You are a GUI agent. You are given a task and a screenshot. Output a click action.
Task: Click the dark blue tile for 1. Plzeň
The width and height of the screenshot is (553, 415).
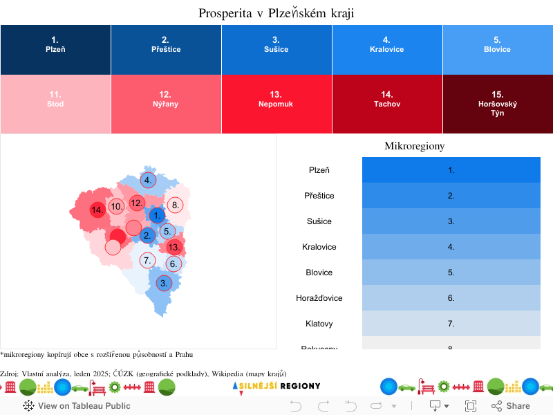point(55,49)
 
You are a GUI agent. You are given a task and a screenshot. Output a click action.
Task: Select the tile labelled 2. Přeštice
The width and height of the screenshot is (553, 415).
point(166,49)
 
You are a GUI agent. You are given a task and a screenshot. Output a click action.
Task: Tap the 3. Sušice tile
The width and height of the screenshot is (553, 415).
point(276,49)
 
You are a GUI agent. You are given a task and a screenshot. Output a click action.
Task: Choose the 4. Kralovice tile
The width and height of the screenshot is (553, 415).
point(387,49)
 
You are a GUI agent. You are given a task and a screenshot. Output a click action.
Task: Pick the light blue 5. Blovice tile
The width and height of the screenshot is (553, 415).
point(498,49)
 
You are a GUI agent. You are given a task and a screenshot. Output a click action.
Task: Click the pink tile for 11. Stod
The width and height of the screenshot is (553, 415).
point(55,104)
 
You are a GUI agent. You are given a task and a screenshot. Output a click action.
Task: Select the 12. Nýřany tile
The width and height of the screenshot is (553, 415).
point(166,104)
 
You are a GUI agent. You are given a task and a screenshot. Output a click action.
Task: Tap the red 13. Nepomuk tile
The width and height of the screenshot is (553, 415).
point(276,104)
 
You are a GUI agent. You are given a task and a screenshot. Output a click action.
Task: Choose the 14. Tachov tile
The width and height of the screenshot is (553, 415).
point(387,104)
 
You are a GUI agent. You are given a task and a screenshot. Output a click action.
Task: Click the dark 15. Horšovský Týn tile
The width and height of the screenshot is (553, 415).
point(498,104)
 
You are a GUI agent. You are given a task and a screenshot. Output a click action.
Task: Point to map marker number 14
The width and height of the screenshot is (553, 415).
point(97,210)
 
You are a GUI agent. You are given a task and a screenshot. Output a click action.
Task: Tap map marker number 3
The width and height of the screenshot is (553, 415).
point(164,283)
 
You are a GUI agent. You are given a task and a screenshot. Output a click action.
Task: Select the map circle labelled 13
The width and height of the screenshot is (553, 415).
point(174,248)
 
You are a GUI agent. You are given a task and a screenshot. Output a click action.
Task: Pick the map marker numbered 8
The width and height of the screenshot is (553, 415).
point(176,205)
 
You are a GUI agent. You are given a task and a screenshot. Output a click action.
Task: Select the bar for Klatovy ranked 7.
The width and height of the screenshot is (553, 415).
point(451,323)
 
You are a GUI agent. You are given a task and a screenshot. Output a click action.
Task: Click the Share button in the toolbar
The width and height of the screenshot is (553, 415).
point(511,406)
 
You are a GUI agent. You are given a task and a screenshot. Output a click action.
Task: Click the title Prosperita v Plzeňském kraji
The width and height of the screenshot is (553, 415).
point(276,13)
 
